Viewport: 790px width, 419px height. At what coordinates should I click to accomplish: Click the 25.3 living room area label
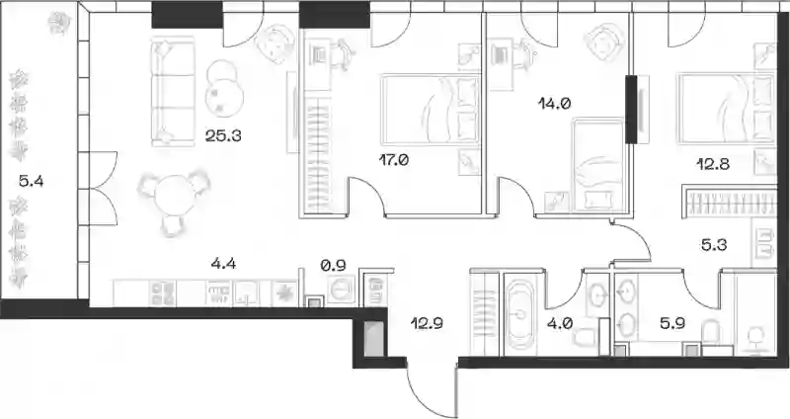click(x=223, y=135)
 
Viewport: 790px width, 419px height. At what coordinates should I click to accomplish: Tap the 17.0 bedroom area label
click(x=393, y=160)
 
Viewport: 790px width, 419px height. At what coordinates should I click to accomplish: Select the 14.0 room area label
click(x=554, y=105)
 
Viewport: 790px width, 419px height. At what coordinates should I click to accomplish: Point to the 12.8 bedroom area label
click(x=713, y=164)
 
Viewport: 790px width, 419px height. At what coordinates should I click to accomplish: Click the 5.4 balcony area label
click(x=32, y=181)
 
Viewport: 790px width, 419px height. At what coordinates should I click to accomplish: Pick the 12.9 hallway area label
click(x=427, y=323)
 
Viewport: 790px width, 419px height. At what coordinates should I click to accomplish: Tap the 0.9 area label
click(x=334, y=265)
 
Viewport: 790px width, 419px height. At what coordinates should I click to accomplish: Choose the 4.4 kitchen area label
click(x=224, y=263)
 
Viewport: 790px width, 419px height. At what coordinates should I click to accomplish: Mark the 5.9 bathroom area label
click(x=672, y=323)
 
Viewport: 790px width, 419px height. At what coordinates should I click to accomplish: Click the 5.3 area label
click(x=714, y=246)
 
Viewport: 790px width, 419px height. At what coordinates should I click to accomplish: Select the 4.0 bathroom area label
click(x=559, y=323)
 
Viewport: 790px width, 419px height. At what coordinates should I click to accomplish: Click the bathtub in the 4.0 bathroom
click(x=520, y=314)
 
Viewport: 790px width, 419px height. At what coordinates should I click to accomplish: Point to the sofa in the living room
click(x=173, y=91)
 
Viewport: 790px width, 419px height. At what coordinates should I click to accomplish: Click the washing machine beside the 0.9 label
click(x=341, y=289)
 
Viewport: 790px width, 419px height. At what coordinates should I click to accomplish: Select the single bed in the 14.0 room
click(x=598, y=165)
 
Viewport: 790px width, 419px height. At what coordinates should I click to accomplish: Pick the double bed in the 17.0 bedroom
click(x=431, y=110)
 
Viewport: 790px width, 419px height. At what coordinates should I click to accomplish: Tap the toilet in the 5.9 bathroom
click(x=712, y=335)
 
